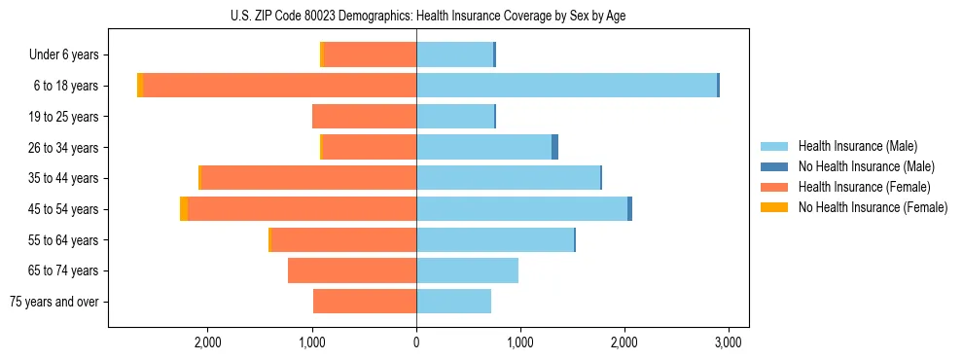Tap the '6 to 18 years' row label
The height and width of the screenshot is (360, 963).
pos(66,86)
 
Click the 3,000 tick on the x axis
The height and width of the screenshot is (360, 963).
pos(729,342)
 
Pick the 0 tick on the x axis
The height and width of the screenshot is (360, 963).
pos(416,342)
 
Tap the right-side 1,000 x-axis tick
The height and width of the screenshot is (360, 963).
pos(520,342)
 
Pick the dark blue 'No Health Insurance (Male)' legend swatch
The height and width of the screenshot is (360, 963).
pos(775,166)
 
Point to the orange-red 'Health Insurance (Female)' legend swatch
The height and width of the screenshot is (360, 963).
pos(775,187)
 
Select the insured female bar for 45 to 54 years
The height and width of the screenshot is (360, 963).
pos(302,209)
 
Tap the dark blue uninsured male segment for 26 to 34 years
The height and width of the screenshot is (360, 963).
pos(554,148)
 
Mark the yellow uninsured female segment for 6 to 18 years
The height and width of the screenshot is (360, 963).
pos(140,86)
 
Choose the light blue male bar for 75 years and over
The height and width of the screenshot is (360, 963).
pos(453,302)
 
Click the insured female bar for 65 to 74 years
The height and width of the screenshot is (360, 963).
pos(352,270)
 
